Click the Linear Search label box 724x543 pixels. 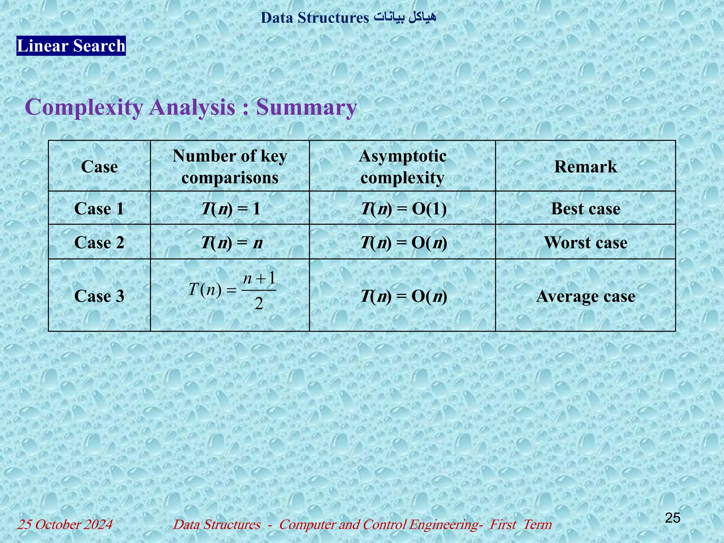(71, 46)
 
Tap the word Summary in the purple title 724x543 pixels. (306, 107)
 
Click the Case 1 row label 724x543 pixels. (99, 209)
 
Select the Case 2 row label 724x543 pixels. (99, 243)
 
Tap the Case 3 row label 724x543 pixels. (99, 296)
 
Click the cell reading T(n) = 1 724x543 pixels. (230, 209)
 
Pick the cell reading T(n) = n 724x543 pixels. (232, 243)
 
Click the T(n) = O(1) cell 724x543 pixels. (403, 209)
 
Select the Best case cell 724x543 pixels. (585, 209)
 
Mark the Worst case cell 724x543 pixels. (585, 243)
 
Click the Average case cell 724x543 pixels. (585, 296)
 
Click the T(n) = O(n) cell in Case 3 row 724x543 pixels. (403, 296)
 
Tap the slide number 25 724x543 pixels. (672, 518)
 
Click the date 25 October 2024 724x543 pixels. (65, 524)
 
